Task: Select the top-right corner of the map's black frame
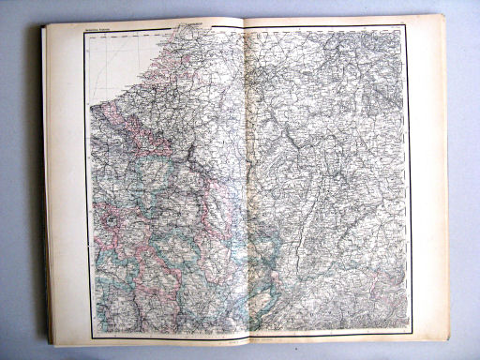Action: click(407, 25)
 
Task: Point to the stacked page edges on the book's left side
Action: click(46, 187)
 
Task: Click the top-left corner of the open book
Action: click(43, 25)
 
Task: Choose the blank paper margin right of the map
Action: click(427, 178)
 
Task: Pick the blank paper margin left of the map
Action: click(70, 187)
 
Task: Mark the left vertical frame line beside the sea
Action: click(88, 94)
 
